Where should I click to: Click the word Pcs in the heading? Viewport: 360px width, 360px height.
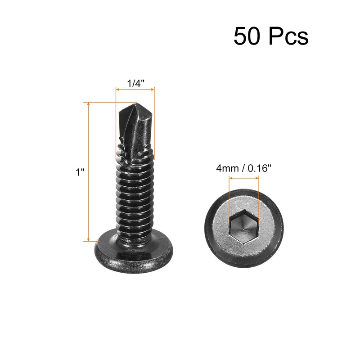point(288,37)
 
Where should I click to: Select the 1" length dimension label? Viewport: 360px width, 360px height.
point(80,172)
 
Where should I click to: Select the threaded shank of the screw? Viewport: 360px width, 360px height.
point(135,193)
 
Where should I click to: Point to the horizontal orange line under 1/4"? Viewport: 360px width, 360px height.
point(135,90)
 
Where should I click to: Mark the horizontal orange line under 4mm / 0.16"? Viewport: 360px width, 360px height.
point(244,178)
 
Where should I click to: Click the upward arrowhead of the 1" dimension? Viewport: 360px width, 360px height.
point(89,105)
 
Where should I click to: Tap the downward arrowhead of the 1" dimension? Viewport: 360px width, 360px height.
point(89,239)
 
